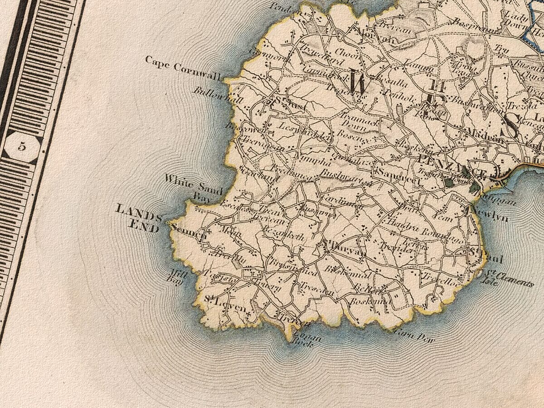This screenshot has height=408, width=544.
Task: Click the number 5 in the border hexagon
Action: pyautogui.click(x=22, y=146)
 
